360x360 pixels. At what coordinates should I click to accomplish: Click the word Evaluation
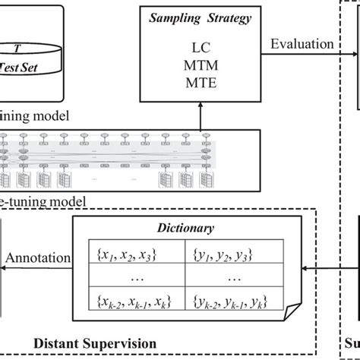coord(302,44)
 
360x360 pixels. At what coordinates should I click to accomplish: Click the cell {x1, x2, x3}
coord(141,250)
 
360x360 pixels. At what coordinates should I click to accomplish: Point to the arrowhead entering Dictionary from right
coord(305,268)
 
